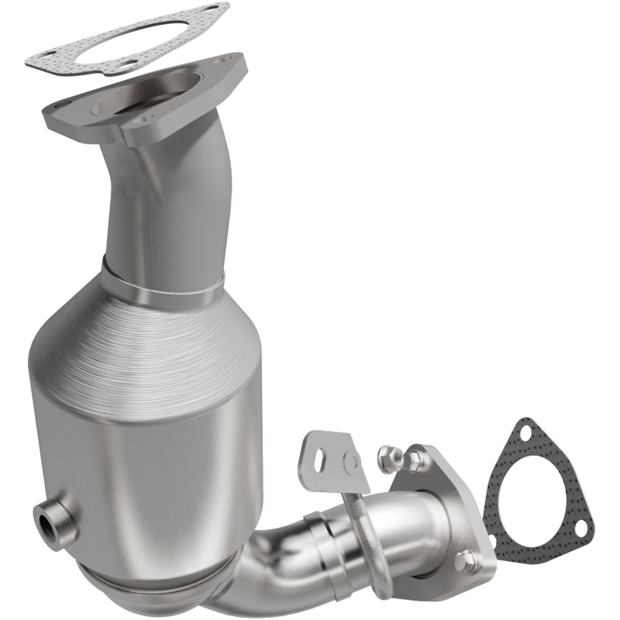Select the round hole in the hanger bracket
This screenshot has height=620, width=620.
[x=350, y=463]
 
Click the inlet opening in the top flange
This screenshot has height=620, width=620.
[x=151, y=97]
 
